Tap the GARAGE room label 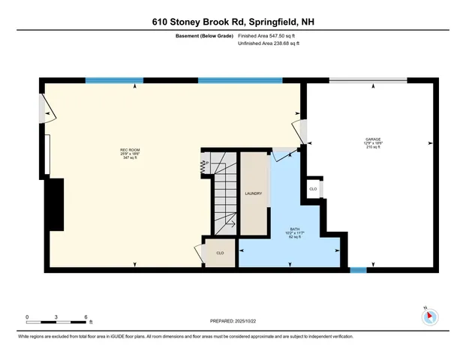click(373, 139)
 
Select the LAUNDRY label click(253, 193)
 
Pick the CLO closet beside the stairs click(220, 253)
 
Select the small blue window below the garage click(358, 268)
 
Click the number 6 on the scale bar click(87, 316)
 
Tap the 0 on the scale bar click(27, 316)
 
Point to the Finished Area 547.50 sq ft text click(269, 35)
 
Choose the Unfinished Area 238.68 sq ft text click(269, 43)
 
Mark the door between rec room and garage click(302, 130)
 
